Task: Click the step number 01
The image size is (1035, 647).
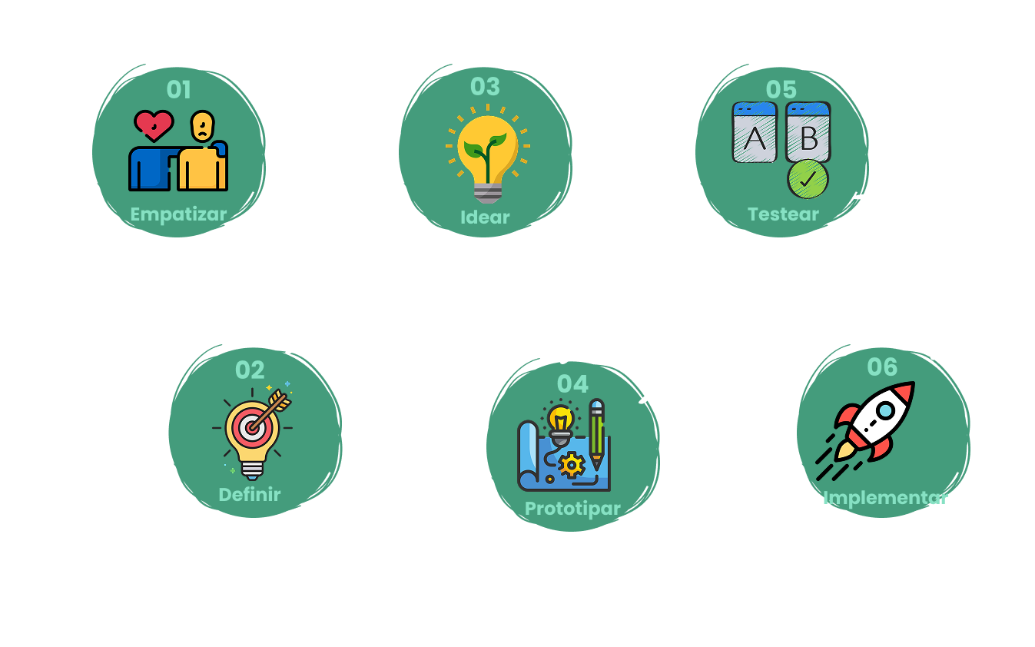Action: coord(178,90)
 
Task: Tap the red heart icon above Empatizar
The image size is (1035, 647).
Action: coord(154,125)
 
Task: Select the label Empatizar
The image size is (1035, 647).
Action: coord(178,214)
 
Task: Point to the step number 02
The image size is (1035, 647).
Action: coord(250,370)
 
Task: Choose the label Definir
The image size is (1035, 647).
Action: coord(250,494)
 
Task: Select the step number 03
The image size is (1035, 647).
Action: coord(485,87)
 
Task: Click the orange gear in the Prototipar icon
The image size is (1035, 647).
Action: coord(571,465)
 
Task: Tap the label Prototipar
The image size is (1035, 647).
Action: coord(572,509)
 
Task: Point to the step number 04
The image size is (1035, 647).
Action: coord(572,384)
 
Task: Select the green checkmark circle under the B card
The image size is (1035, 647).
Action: coord(808,180)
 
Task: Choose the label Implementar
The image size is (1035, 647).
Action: coord(885,498)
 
